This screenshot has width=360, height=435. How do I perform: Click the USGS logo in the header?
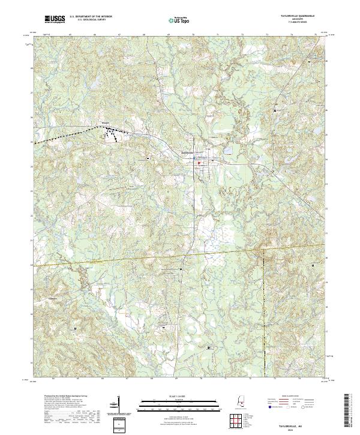click(55, 20)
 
